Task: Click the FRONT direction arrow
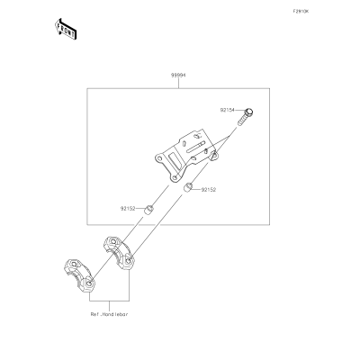66,29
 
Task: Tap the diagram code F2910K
301,12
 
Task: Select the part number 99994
178,76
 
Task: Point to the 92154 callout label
228,110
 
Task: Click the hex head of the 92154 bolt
248,112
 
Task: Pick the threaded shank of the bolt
242,121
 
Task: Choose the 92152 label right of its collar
209,190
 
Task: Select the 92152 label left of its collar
128,209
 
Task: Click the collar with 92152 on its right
188,188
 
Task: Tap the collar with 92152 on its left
148,210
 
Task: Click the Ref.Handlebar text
110,314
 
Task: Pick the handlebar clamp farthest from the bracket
79,275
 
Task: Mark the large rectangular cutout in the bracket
175,160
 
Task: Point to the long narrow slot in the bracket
195,146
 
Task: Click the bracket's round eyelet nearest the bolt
214,156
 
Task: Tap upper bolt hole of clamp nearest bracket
113,242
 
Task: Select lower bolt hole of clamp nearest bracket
128,261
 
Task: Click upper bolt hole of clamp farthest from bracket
74,264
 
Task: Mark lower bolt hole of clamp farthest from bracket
89,283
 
